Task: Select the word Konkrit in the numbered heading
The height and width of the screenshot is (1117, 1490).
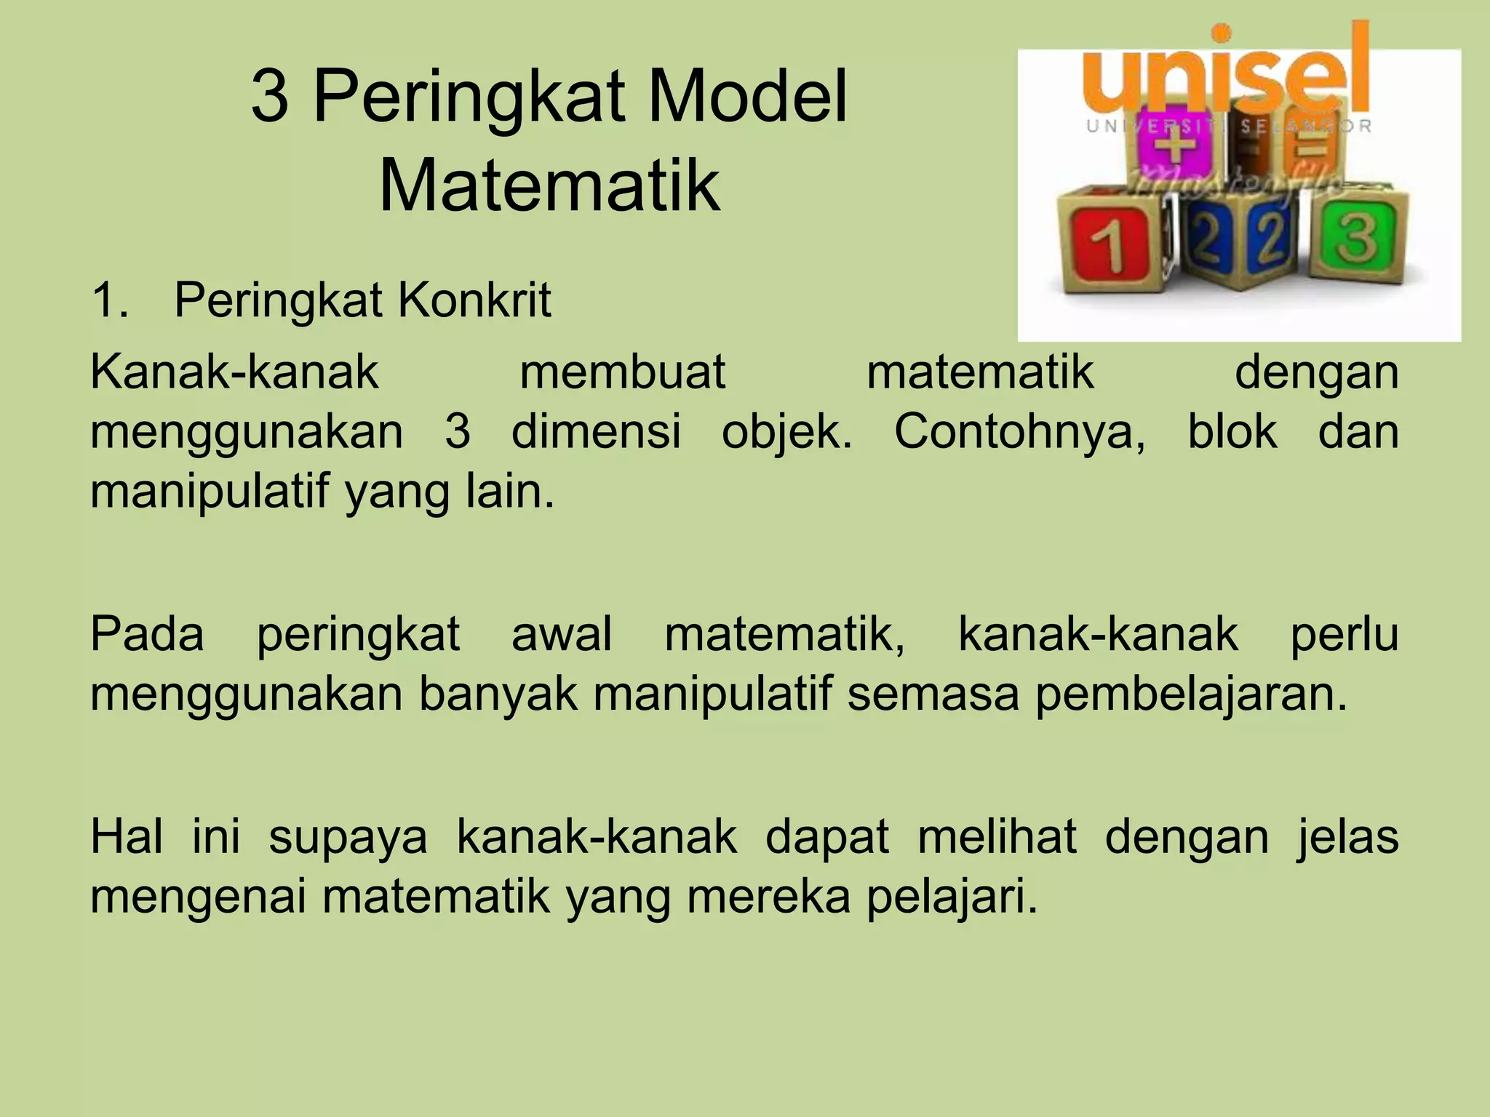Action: point(474,300)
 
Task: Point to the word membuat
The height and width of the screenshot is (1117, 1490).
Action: point(622,372)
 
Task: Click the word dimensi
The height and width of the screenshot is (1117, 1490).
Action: point(596,431)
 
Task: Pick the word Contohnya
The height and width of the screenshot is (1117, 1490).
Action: point(1019,431)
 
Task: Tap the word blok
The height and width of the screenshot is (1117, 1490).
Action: point(1232,431)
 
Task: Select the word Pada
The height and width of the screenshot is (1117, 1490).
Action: point(147,634)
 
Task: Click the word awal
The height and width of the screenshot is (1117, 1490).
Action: point(562,634)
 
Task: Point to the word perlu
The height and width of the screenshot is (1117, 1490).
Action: point(1344,634)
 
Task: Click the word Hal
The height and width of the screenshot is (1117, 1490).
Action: point(126,836)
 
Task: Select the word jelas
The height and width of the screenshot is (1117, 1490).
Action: point(1348,836)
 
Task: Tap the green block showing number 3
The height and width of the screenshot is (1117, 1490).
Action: point(1358,236)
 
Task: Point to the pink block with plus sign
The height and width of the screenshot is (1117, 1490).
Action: point(1174,149)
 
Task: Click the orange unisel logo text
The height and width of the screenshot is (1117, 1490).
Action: point(1226,73)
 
